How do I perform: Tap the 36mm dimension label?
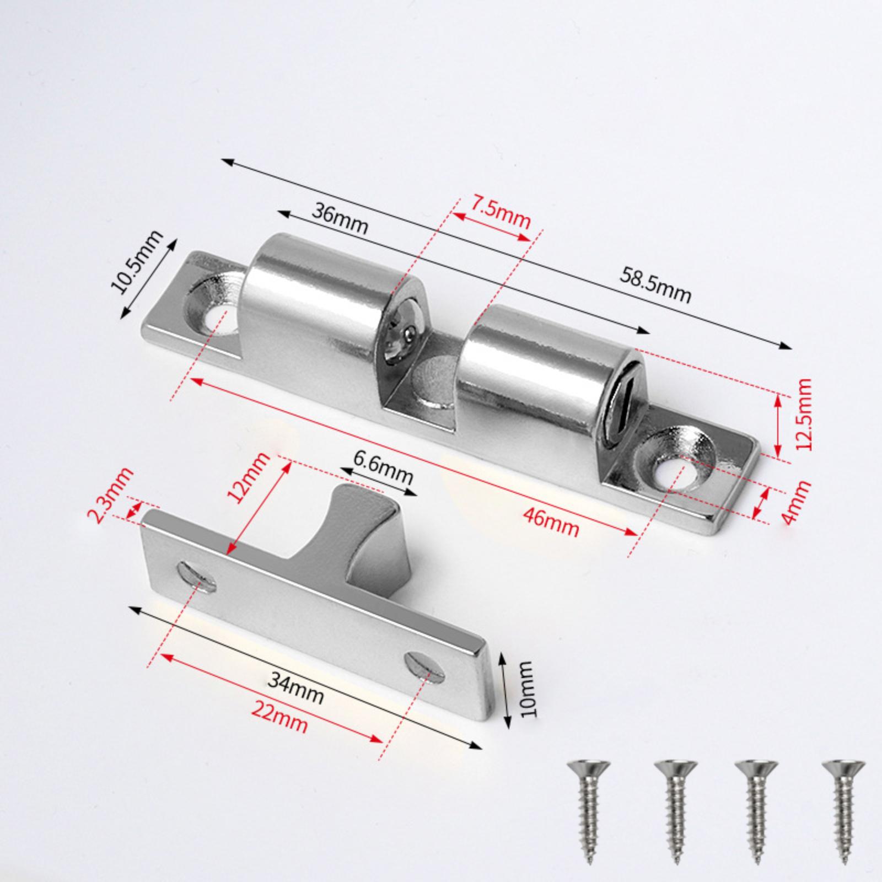click(340, 218)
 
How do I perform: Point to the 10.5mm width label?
click(137, 262)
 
